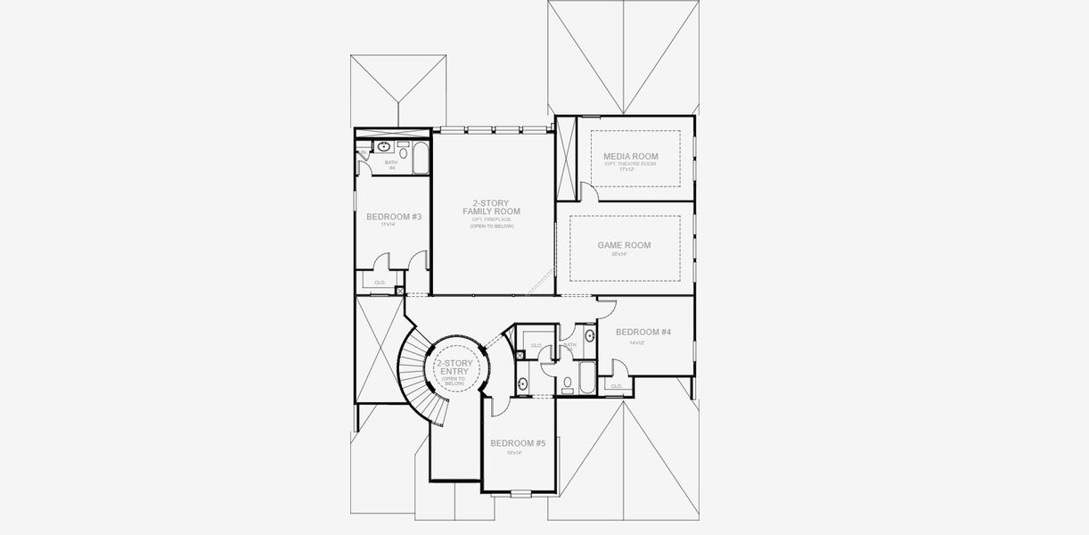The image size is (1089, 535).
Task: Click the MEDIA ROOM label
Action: pos(630,156)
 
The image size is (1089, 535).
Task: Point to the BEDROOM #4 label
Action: pos(643,332)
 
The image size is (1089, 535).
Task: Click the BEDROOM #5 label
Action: pos(518,443)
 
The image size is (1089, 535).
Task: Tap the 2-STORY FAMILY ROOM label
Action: pos(491,207)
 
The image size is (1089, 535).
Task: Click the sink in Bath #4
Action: pos(384,146)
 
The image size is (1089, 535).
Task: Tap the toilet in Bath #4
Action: pos(362,153)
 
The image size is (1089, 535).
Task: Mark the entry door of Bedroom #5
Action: pos(499,402)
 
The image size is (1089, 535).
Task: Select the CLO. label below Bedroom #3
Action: pos(379,283)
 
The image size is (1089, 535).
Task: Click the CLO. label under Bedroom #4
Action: pos(616,385)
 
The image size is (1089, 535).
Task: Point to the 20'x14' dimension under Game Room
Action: pos(619,255)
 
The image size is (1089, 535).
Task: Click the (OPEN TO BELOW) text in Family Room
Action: pos(492,227)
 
